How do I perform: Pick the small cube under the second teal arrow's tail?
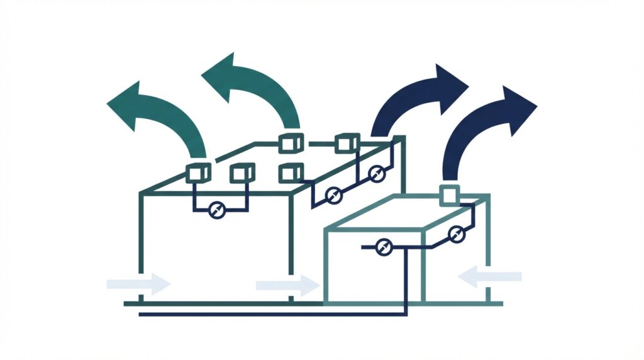tap(291, 143)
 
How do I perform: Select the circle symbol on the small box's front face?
tap(383, 248)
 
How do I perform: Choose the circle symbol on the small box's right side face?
tap(455, 235)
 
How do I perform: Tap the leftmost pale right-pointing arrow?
tap(138, 283)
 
